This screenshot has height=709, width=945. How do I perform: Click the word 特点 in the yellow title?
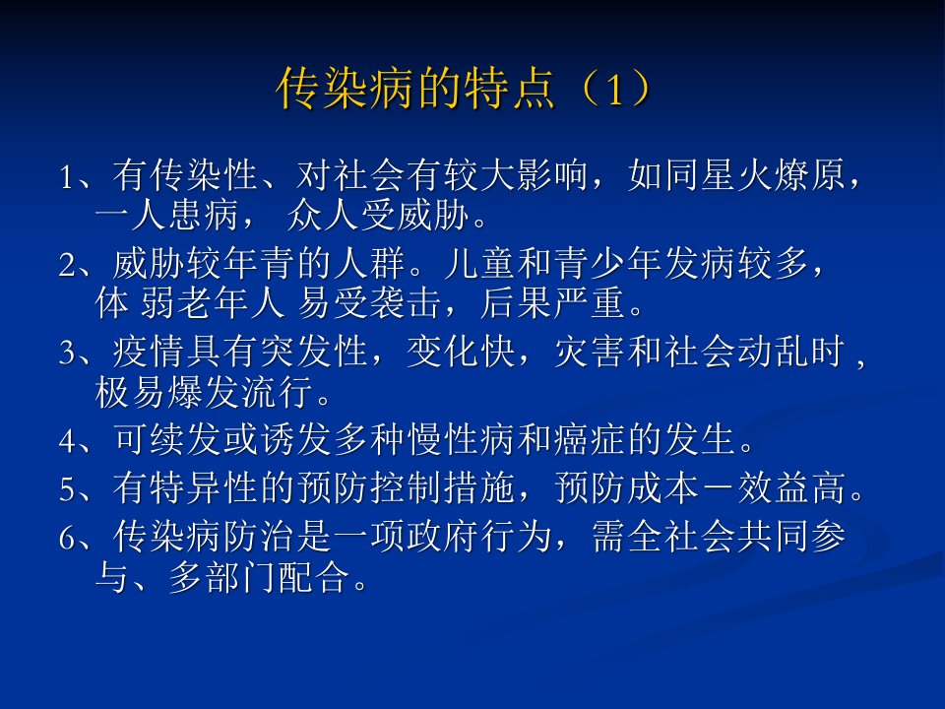coord(510,90)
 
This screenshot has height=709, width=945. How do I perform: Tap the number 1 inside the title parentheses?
coord(613,91)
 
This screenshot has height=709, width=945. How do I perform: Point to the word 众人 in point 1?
coord(323,216)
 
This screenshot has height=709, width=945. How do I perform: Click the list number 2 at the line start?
coord(67,265)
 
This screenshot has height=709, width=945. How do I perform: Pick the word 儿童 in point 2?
coord(479,264)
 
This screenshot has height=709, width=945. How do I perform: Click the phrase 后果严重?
coord(552,303)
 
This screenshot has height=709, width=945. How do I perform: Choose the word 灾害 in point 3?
coord(590,353)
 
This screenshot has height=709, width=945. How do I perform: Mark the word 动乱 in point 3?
coord(773,353)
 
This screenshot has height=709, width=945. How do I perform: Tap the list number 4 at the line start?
coord(67,441)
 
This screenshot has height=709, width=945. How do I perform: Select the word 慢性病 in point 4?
coord(461,439)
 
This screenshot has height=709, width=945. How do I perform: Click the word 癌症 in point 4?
coord(590,439)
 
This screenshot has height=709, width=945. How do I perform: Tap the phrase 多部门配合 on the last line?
coord(260,577)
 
